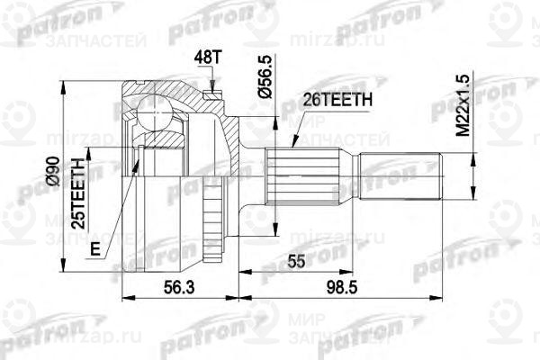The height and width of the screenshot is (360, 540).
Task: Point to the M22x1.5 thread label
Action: tap(463, 105)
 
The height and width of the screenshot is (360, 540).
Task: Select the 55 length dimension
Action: tap(292, 261)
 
